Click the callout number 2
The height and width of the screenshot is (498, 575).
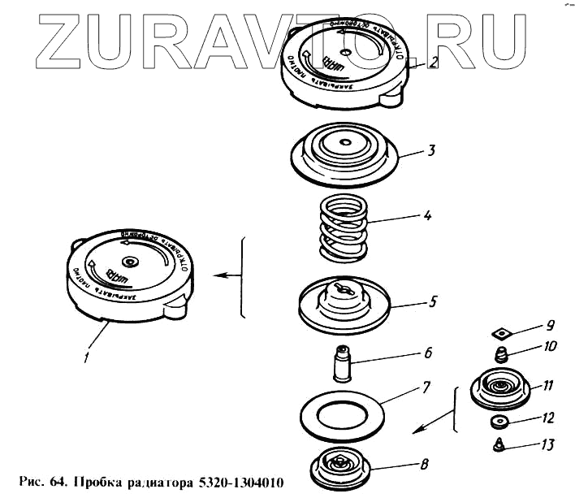click(435, 61)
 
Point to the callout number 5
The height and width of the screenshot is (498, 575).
click(433, 301)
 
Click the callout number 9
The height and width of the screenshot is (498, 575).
click(550, 325)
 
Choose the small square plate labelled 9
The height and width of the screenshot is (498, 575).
click(500, 331)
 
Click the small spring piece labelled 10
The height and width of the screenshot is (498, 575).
click(501, 353)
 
